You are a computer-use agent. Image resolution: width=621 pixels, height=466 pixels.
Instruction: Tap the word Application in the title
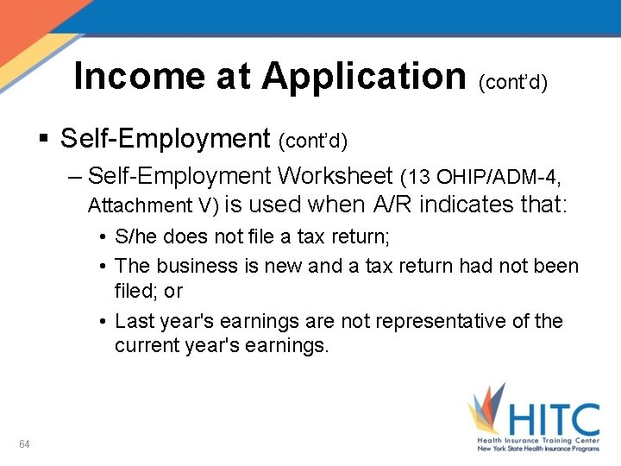click(x=363, y=76)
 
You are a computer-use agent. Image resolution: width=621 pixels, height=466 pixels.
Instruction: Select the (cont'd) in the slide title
click(x=512, y=81)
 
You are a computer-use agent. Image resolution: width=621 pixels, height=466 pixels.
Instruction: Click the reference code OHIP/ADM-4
click(x=497, y=178)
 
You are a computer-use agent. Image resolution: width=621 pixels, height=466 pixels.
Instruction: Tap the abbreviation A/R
click(x=394, y=205)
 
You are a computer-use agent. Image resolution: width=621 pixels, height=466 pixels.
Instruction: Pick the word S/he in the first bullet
click(x=133, y=237)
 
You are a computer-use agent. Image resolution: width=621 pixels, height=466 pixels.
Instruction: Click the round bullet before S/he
click(x=103, y=238)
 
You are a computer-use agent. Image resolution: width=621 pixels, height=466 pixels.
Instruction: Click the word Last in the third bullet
click(x=133, y=321)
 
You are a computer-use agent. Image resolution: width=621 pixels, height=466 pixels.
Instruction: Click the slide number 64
click(x=24, y=444)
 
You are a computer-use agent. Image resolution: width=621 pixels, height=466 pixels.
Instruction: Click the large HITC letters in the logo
click(x=553, y=420)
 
